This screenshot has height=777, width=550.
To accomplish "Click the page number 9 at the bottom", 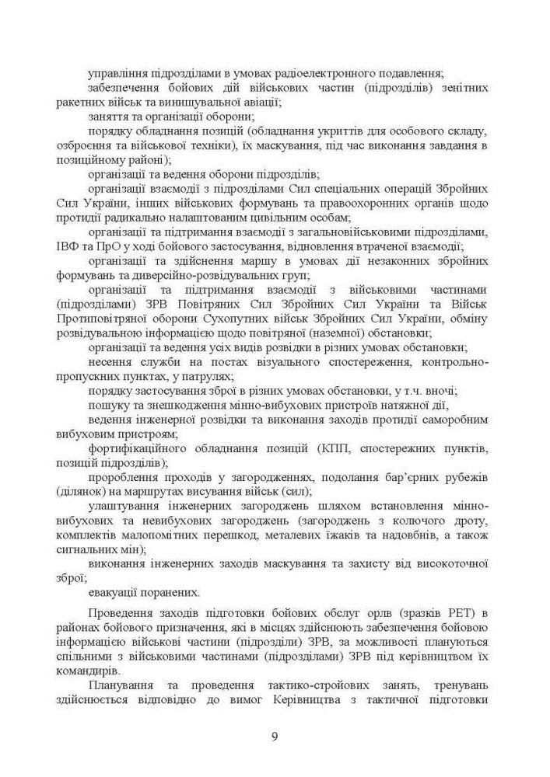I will [275, 737].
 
